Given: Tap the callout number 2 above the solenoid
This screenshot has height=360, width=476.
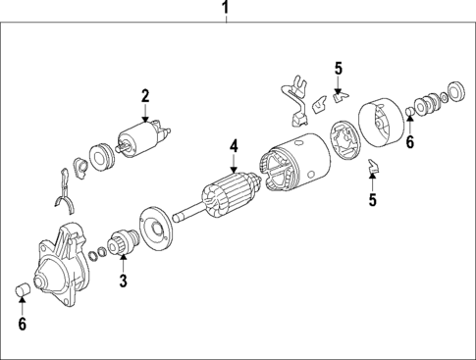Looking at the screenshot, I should (x=144, y=95).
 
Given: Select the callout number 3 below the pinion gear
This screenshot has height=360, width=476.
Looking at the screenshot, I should (x=124, y=283).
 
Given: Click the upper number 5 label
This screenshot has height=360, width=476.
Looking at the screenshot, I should (x=338, y=69).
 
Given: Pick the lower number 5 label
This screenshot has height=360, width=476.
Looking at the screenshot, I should (x=372, y=200).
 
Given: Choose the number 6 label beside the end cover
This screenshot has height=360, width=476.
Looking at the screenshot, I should (x=410, y=142).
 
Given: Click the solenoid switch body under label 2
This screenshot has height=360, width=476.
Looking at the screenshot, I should (x=139, y=141).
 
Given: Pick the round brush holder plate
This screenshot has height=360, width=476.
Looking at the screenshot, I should (x=344, y=140).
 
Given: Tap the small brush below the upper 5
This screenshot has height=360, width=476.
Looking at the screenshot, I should (x=339, y=96).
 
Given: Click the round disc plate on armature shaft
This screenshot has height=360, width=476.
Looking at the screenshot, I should (x=155, y=227).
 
